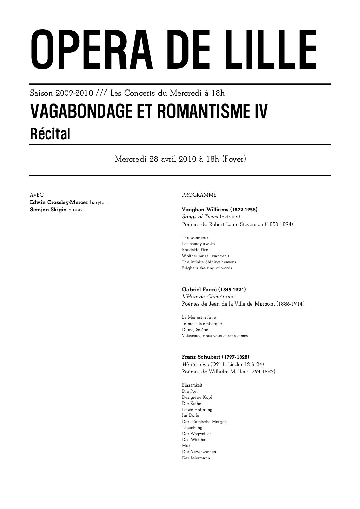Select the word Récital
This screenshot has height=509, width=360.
click(x=50, y=134)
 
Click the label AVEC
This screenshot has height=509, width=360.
click(x=37, y=195)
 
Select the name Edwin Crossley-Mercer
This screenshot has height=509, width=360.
click(x=59, y=202)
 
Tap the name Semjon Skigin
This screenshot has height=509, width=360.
click(x=48, y=210)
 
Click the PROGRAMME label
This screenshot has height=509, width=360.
click(x=199, y=195)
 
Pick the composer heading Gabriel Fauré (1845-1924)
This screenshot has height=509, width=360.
click(x=214, y=289)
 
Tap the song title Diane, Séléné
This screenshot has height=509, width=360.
click(x=195, y=330)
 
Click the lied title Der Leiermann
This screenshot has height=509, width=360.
click(x=196, y=458)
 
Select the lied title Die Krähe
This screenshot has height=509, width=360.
click(x=192, y=404)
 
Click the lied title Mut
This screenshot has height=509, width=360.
click(x=186, y=446)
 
